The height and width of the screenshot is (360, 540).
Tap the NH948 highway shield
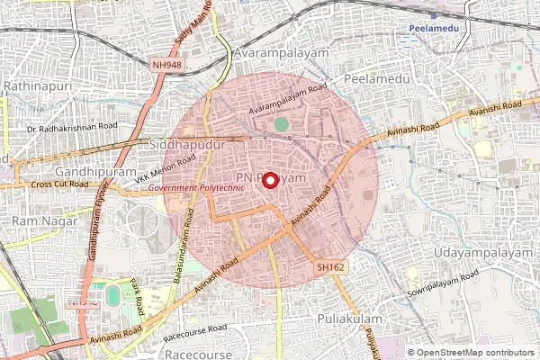click(x=167, y=65)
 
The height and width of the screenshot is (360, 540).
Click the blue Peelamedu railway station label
click(x=436, y=28)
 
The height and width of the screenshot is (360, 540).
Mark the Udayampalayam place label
click(x=483, y=253)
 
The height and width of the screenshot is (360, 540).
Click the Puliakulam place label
click(x=350, y=319)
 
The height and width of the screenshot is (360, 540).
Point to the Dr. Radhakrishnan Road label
click(x=72, y=128)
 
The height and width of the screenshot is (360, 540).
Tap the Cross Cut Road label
click(x=60, y=184)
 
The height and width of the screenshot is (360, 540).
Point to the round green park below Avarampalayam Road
click(x=282, y=124)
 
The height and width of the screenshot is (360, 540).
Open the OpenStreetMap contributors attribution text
click(x=475, y=353)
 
